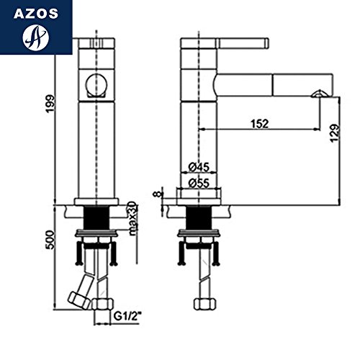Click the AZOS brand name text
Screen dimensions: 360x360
[x=36, y=14]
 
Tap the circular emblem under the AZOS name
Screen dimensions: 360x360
[x=35, y=37]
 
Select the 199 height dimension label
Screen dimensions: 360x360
[x=50, y=104]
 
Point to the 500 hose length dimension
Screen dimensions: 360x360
[x=50, y=239]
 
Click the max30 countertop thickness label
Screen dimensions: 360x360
[x=132, y=218]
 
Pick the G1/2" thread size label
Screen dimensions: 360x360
[x=127, y=317]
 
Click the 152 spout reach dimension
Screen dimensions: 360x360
[x=260, y=124]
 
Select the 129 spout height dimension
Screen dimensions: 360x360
[x=336, y=133]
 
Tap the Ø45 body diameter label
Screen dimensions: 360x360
[x=199, y=167]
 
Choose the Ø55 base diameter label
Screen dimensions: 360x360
[x=199, y=184]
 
